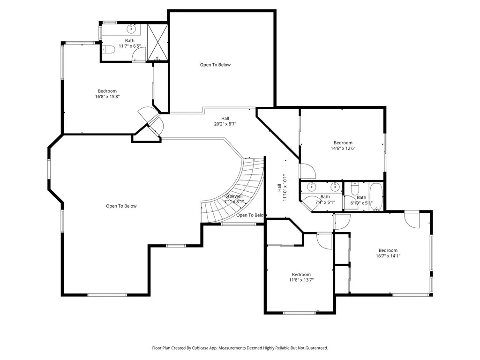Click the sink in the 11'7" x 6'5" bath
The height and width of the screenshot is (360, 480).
point(131,30)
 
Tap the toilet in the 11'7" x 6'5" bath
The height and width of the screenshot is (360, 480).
point(108,49)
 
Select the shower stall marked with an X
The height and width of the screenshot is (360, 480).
point(157,43)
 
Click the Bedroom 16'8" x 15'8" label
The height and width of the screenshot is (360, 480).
point(107,94)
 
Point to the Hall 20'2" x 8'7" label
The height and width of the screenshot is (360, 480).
point(225,121)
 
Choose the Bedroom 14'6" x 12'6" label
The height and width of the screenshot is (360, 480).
point(343,145)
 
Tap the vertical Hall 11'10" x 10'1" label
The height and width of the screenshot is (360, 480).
point(282,187)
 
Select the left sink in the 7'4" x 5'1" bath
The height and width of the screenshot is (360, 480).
point(311,186)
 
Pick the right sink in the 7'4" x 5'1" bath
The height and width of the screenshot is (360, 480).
point(335,186)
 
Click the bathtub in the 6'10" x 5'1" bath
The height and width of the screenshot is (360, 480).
point(376,196)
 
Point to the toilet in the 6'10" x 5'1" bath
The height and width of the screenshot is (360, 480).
point(355,189)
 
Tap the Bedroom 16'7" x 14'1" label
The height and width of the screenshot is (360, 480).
point(388,253)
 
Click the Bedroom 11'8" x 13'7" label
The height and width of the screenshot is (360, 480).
point(301,277)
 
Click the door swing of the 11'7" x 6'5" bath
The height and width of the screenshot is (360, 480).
point(139,56)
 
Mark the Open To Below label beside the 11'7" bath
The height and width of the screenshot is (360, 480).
point(215,65)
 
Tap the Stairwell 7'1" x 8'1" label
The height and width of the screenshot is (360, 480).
point(234,199)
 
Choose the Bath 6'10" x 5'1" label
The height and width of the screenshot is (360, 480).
point(361,200)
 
